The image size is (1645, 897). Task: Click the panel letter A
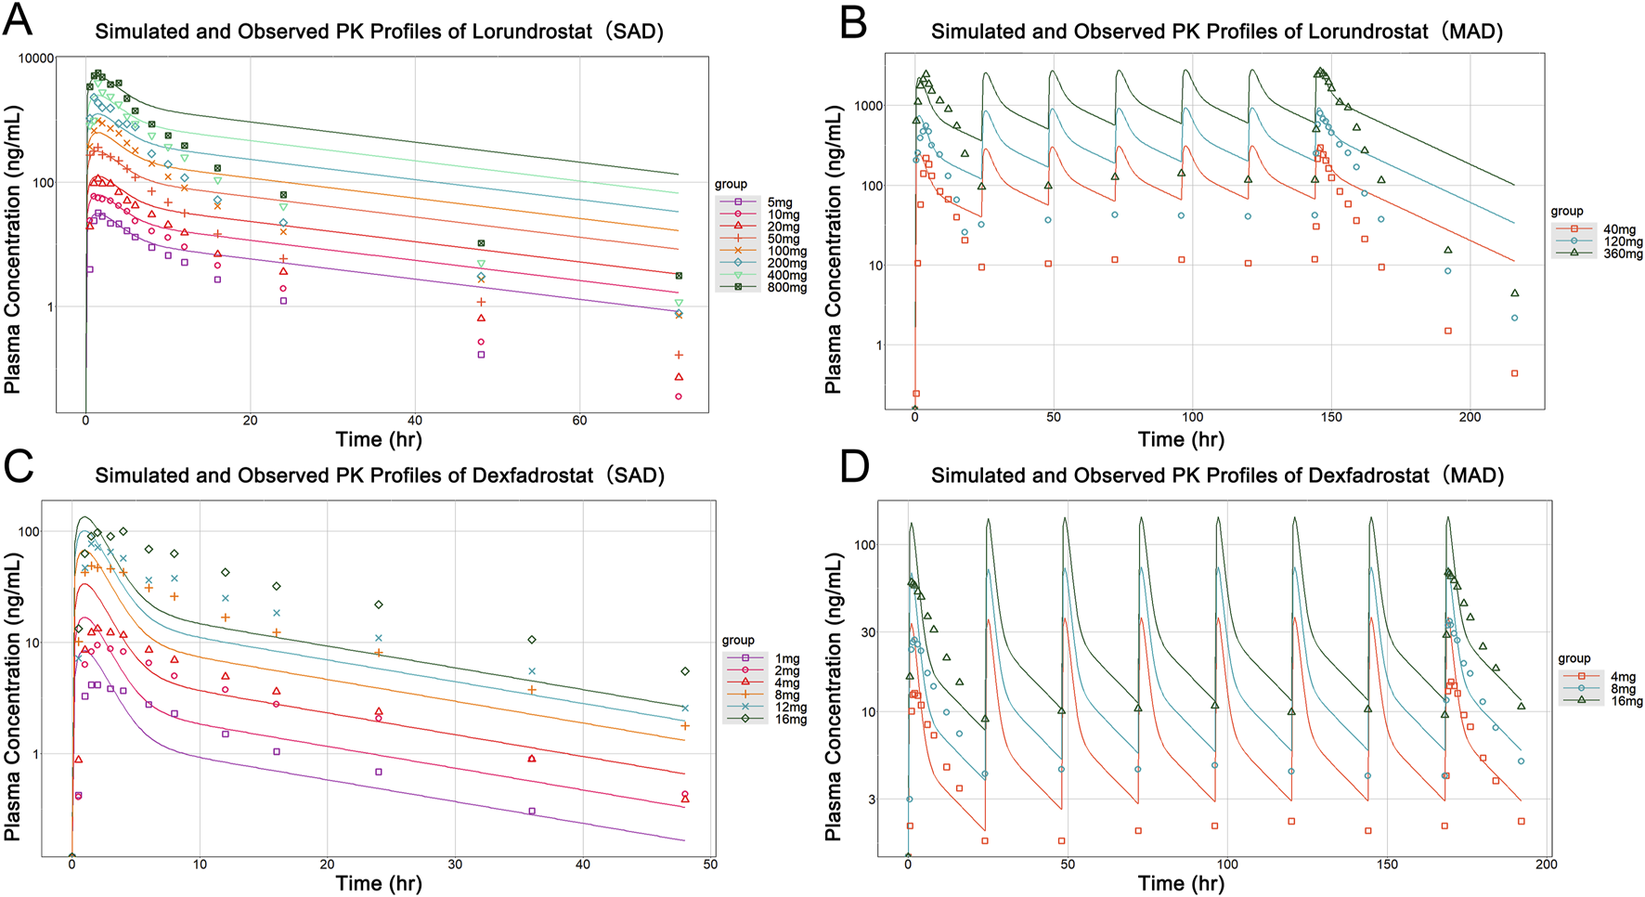click(18, 20)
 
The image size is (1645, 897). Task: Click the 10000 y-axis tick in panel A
click(36, 58)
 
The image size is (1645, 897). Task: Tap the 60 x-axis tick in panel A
click(579, 421)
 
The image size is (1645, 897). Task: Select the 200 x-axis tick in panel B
click(1470, 417)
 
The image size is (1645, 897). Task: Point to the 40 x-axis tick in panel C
click(582, 864)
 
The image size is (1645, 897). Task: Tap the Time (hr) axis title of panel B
click(1181, 439)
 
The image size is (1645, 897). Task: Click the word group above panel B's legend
click(1567, 212)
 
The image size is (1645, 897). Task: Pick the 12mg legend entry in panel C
click(790, 708)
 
